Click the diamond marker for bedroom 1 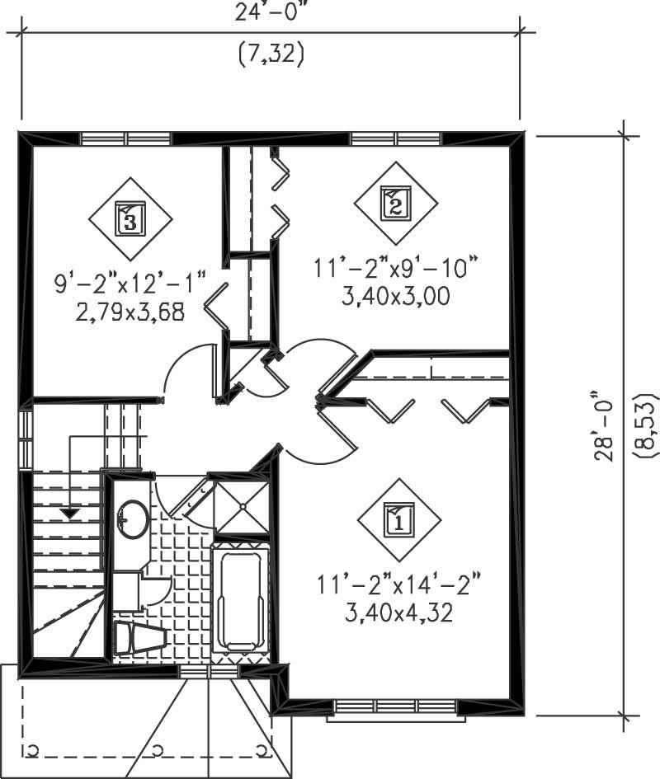coord(399,520)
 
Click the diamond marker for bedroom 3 coord(130,218)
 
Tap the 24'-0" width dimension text coord(271,10)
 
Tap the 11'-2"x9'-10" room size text coord(396,268)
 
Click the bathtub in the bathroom coord(240,598)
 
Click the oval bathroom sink coord(132,519)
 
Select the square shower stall coord(242,507)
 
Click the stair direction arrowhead coord(71,514)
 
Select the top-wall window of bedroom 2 coord(395,138)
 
